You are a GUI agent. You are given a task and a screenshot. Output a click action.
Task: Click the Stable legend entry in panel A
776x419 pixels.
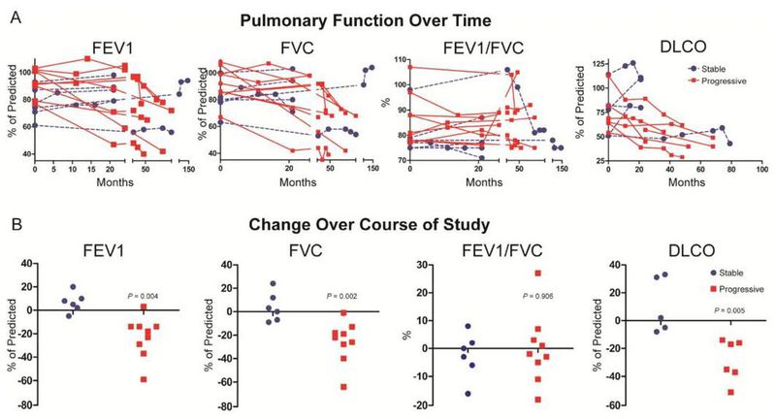tap(720, 70)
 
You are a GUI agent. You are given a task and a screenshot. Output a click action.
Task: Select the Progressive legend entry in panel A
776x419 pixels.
tap(729, 82)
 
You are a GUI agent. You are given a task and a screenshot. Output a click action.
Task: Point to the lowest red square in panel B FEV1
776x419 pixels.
tap(145, 379)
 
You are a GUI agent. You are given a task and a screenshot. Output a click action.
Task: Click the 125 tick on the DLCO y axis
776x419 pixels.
tap(594, 65)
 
